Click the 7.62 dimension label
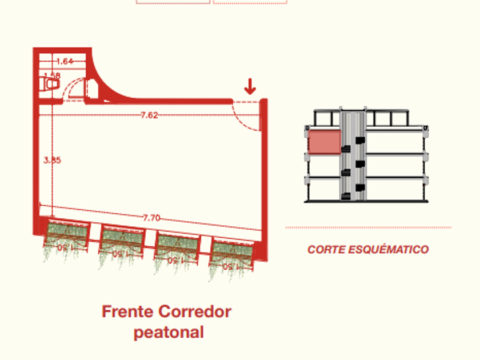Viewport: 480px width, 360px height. coord(149,115)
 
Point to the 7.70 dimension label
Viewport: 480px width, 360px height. coord(151,217)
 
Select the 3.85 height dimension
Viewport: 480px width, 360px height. coord(52,160)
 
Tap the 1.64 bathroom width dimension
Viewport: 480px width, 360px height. coord(65,61)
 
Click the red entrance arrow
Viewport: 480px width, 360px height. coord(250,87)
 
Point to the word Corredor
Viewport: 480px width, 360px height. coord(194,312)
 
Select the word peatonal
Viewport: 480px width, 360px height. coord(169,332)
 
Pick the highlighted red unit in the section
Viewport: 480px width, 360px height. coord(325,142)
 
